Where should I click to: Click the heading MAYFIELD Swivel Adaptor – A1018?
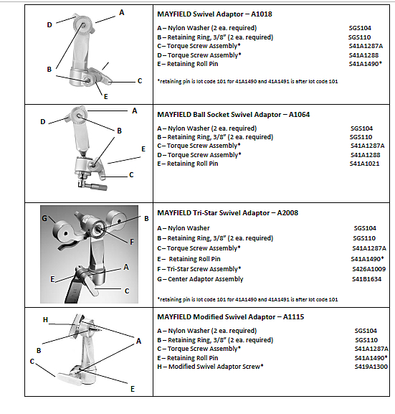point(214,14)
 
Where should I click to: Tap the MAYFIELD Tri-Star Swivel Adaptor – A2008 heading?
point(228,213)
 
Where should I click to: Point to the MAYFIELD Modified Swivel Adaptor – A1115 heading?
point(231,317)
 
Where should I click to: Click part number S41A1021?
point(364,164)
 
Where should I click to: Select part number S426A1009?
point(369,269)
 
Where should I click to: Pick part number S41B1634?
point(367,279)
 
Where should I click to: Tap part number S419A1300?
point(371,367)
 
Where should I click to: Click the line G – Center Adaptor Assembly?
point(200,279)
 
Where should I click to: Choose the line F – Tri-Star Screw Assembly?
point(199,269)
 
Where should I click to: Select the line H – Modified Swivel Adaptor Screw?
point(210,367)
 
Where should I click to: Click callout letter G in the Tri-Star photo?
point(44,219)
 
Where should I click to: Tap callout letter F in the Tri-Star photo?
point(132,242)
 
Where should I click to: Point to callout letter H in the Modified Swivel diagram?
point(45,320)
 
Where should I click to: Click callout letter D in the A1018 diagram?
point(49,25)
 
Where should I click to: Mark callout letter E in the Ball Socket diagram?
point(143,149)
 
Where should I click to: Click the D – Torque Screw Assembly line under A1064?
point(199,155)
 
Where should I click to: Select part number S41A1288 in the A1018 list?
point(363,55)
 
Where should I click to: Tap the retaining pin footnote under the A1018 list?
point(247,81)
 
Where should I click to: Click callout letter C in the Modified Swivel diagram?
point(32,362)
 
